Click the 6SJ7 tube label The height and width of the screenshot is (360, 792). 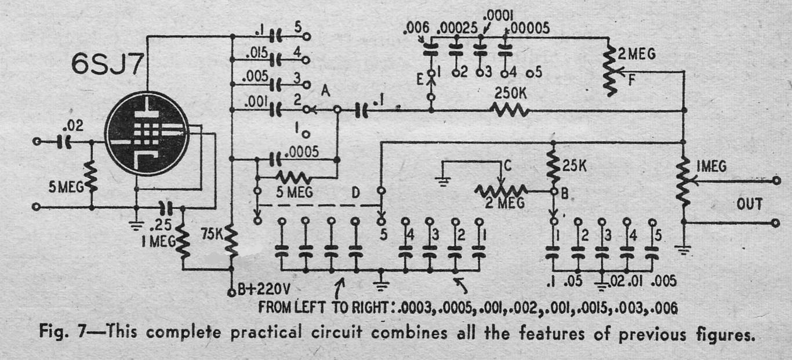point(107,64)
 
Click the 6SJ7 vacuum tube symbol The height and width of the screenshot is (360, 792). point(147,134)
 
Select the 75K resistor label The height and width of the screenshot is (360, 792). point(212,234)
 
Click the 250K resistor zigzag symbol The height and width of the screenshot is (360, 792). point(510,111)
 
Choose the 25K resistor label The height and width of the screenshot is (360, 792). point(574,166)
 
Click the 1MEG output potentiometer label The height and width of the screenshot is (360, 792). point(711,166)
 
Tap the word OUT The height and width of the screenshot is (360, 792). point(750,204)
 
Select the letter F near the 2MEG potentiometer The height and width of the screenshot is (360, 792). point(631,81)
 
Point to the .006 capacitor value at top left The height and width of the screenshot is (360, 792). point(416,28)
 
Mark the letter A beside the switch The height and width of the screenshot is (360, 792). point(325,92)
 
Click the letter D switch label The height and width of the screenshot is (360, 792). point(355,192)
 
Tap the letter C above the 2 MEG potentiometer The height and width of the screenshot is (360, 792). point(508,165)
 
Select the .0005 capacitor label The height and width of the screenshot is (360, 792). point(301,152)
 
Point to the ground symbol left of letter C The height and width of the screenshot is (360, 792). point(443,182)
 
